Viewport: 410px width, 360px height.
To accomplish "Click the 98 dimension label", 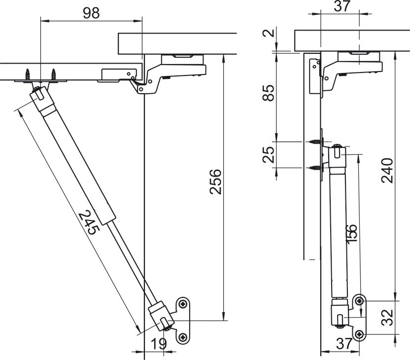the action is tap(91, 13).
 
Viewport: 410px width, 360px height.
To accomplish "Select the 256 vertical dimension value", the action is tap(215, 182).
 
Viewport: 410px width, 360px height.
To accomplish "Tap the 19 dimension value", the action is tap(159, 344).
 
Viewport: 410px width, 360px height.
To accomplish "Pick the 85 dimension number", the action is tap(269, 93).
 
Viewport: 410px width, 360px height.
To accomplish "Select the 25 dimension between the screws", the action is tap(269, 155).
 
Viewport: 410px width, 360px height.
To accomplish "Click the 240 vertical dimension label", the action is tap(387, 171).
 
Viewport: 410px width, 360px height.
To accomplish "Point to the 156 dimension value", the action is tap(352, 234).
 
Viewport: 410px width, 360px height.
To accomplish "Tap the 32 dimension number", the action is tap(387, 318).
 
